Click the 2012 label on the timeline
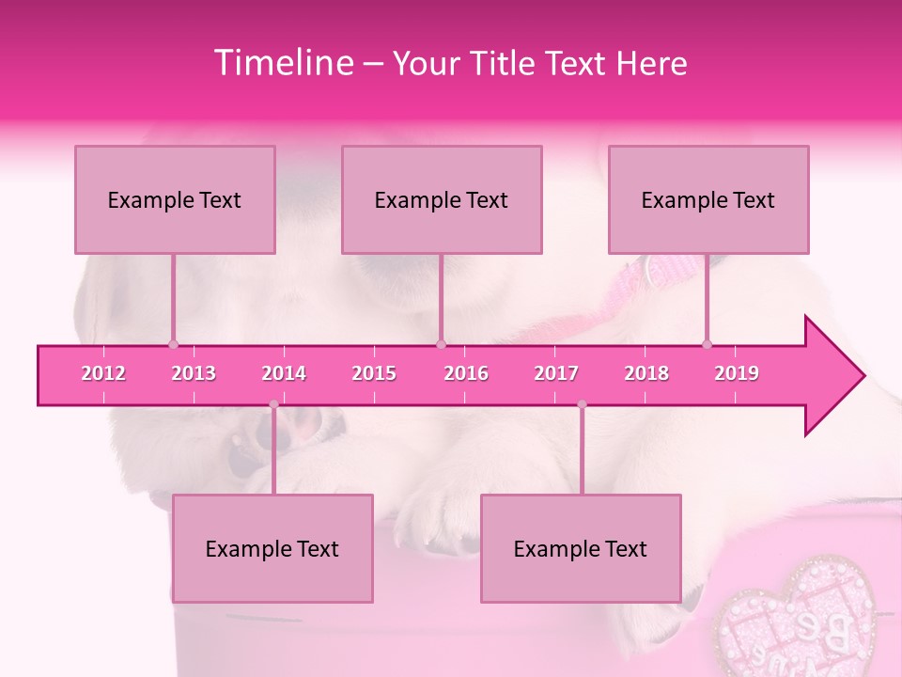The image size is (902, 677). (x=103, y=373)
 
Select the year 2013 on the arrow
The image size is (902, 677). (x=194, y=373)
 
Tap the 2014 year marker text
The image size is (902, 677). (x=284, y=373)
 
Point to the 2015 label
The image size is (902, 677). (x=374, y=373)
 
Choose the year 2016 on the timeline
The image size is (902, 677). (x=466, y=373)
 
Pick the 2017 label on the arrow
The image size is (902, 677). (x=556, y=373)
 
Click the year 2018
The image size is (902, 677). (x=646, y=373)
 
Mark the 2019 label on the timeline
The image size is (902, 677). (x=737, y=373)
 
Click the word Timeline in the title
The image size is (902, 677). (x=283, y=63)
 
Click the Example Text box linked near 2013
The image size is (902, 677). (x=175, y=199)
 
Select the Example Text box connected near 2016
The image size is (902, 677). (x=442, y=199)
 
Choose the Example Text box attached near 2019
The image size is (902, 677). (x=708, y=199)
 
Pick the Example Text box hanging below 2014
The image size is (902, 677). (x=272, y=548)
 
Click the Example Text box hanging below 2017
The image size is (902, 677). (x=581, y=548)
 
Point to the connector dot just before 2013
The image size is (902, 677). (x=173, y=344)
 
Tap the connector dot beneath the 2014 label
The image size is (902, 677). (x=273, y=404)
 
